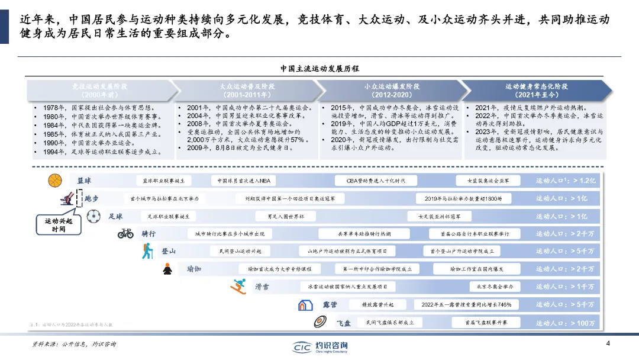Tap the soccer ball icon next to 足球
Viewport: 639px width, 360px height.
point(93,217)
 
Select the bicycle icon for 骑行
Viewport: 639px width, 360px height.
point(125,234)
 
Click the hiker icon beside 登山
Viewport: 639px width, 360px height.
point(147,251)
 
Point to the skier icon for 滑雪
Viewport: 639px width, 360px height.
point(239,287)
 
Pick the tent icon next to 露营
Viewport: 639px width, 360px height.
point(305,305)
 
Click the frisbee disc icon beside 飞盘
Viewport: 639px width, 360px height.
point(321,323)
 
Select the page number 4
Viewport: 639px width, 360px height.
point(608,344)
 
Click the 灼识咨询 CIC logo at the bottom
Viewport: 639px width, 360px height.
point(320,347)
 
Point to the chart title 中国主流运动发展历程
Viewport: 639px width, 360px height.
point(319,69)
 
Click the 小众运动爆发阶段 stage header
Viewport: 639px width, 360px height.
point(388,91)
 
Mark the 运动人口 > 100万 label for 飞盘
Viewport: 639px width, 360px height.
point(565,323)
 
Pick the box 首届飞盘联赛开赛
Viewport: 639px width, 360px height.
point(486,323)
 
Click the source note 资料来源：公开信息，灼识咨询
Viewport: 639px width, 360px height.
point(74,344)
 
